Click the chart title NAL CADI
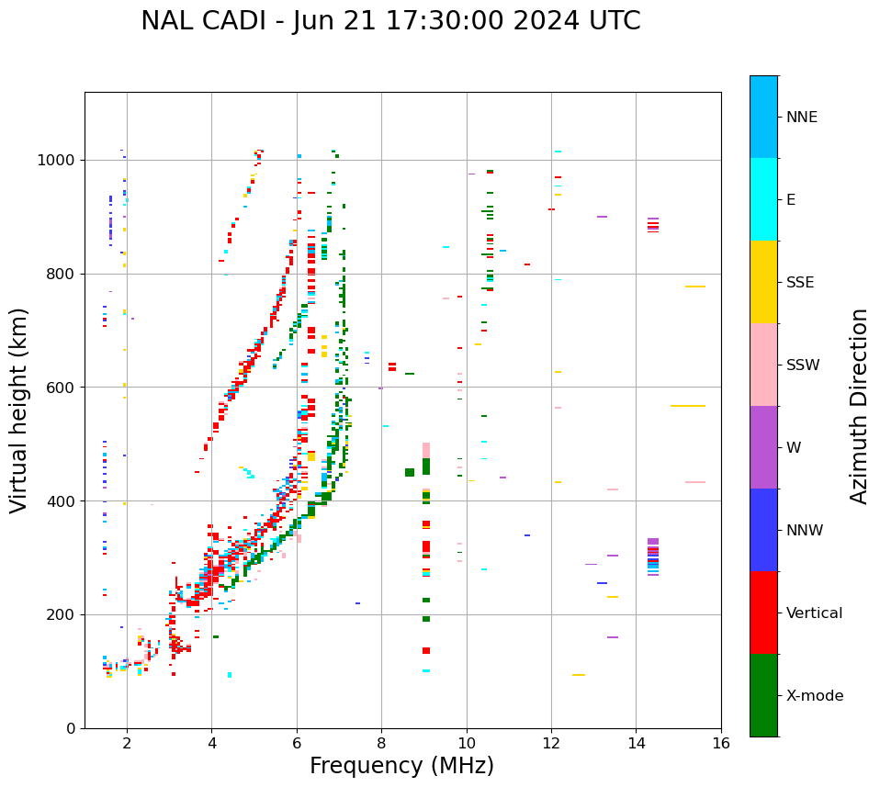[x=390, y=21]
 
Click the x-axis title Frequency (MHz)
[x=401, y=766]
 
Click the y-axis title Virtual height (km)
[x=19, y=410]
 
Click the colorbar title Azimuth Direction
[x=859, y=406]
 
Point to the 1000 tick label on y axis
[x=57, y=161]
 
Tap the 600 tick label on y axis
[x=62, y=388]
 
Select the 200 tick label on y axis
[x=62, y=614]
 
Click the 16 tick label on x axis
[x=721, y=743]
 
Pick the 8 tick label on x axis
[x=382, y=743]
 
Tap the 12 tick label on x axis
[x=551, y=743]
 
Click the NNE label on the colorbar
[x=801, y=118]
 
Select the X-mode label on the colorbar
[x=814, y=696]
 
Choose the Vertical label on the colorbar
[x=814, y=613]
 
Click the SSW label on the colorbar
[x=802, y=365]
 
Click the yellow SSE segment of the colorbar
[x=763, y=282]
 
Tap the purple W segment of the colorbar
[x=763, y=447]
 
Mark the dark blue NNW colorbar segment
[x=763, y=530]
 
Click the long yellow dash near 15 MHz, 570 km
[x=688, y=406]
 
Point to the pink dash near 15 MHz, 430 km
[x=695, y=482]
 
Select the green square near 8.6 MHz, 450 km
[x=410, y=472]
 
